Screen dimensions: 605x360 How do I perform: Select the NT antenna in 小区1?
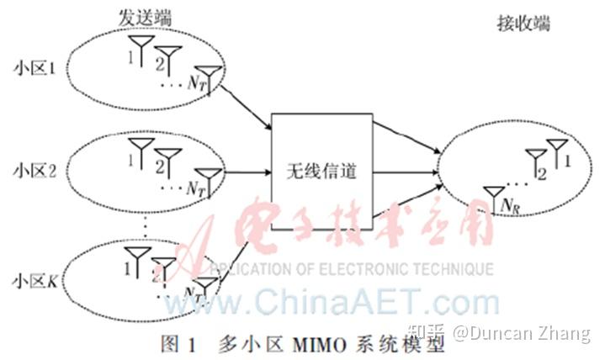point(209,77)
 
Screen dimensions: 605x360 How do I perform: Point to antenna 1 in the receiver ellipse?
point(556,148)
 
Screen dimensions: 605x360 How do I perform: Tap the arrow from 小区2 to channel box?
point(249,175)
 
